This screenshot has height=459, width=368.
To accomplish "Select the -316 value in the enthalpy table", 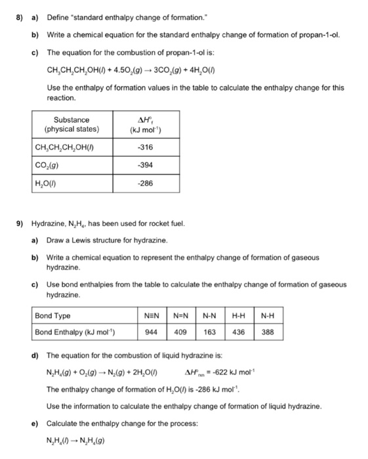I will (146, 147).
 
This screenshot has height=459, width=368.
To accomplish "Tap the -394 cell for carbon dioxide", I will (146, 165).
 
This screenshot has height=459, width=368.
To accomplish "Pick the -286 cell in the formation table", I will (146, 183).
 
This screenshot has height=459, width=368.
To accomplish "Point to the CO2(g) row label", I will (47, 165).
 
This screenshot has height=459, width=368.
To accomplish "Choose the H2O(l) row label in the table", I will (47, 183).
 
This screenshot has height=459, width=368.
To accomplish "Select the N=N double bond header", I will (179, 316).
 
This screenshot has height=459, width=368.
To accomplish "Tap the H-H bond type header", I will (239, 316).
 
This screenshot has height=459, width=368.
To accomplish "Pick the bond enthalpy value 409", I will (179, 332).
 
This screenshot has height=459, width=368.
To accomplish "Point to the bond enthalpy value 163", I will (209, 332).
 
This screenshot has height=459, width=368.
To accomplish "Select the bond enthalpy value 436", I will (239, 332).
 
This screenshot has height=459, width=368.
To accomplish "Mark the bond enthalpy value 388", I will (268, 332).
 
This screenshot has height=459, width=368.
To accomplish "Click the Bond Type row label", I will (53, 316).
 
